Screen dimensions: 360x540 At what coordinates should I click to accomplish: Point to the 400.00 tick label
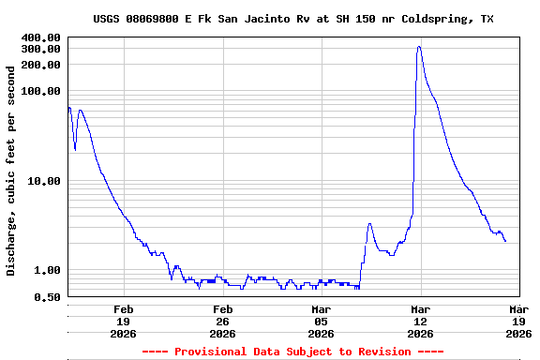pyautogui.click(x=41, y=37)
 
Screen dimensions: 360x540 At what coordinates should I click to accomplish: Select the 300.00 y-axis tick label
pyautogui.click(x=41, y=49)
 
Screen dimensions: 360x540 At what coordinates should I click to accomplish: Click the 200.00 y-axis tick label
pyautogui.click(x=41, y=64)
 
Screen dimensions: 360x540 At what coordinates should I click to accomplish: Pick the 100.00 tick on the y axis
pyautogui.click(x=41, y=91)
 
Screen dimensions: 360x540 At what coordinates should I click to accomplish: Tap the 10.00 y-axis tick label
pyautogui.click(x=44, y=181)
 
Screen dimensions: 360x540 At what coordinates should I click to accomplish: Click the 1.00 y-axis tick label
pyautogui.click(x=47, y=270)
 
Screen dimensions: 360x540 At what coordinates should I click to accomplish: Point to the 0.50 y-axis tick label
pyautogui.click(x=47, y=297)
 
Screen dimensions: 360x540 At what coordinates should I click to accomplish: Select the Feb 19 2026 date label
pyautogui.click(x=124, y=321)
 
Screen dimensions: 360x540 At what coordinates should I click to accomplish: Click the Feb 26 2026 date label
pyautogui.click(x=222, y=321)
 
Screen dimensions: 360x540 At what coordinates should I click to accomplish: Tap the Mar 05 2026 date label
pyautogui.click(x=321, y=321)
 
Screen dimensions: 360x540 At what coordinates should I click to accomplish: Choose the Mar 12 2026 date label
pyautogui.click(x=419, y=321)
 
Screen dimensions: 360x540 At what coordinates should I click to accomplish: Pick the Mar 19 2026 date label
pyautogui.click(x=518, y=321)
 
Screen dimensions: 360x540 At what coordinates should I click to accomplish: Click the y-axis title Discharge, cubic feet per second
pyautogui.click(x=11, y=171)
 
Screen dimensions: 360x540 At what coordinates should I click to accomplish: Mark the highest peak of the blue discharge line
pyautogui.click(x=418, y=46)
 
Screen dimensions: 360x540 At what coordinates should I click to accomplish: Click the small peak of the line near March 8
pyautogui.click(x=369, y=223)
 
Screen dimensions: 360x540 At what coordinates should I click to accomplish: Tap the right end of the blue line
pyautogui.click(x=506, y=242)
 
